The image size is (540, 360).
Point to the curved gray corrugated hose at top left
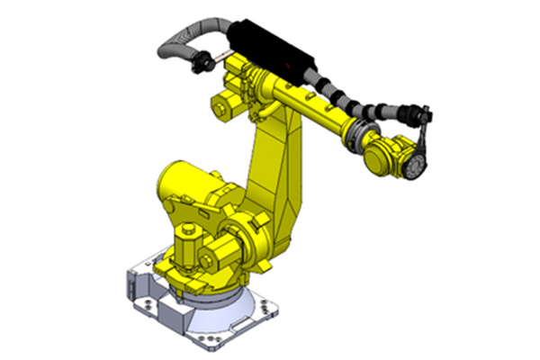tap(180, 40)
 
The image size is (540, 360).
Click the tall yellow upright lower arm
tap(274, 171)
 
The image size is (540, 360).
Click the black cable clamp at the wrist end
tap(417, 114)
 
